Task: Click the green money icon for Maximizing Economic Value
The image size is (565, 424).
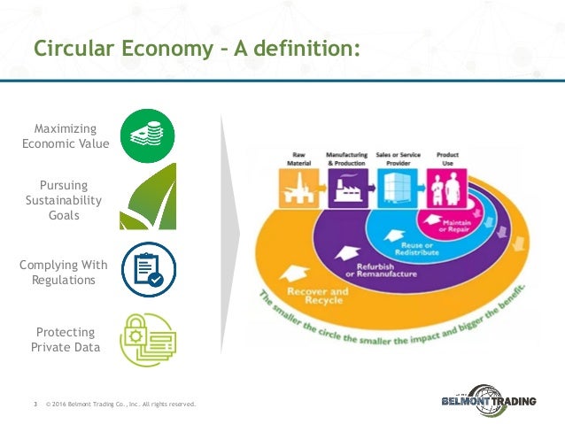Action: pos(147,135)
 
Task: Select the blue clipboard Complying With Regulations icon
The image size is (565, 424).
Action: pos(147,269)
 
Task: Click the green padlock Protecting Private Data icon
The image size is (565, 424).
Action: pos(147,338)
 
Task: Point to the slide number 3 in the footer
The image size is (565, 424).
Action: pos(35,405)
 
